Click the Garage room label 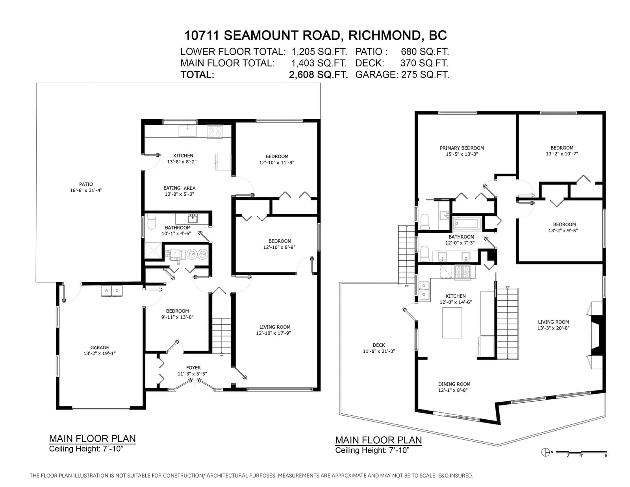(100, 347)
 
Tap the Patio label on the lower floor (86, 184)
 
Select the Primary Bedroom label (462, 148)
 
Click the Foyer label (193, 368)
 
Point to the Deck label (379, 345)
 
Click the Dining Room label (454, 384)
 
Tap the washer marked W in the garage (106, 291)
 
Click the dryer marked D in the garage (117, 291)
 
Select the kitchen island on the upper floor (452, 323)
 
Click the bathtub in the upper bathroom (467, 224)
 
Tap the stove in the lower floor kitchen (215, 132)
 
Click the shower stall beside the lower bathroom (154, 250)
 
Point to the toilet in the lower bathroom (151, 221)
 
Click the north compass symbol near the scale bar (545, 452)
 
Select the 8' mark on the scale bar (606, 456)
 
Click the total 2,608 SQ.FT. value (318, 74)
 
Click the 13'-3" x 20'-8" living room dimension (553, 328)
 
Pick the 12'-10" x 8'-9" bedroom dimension (280, 247)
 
